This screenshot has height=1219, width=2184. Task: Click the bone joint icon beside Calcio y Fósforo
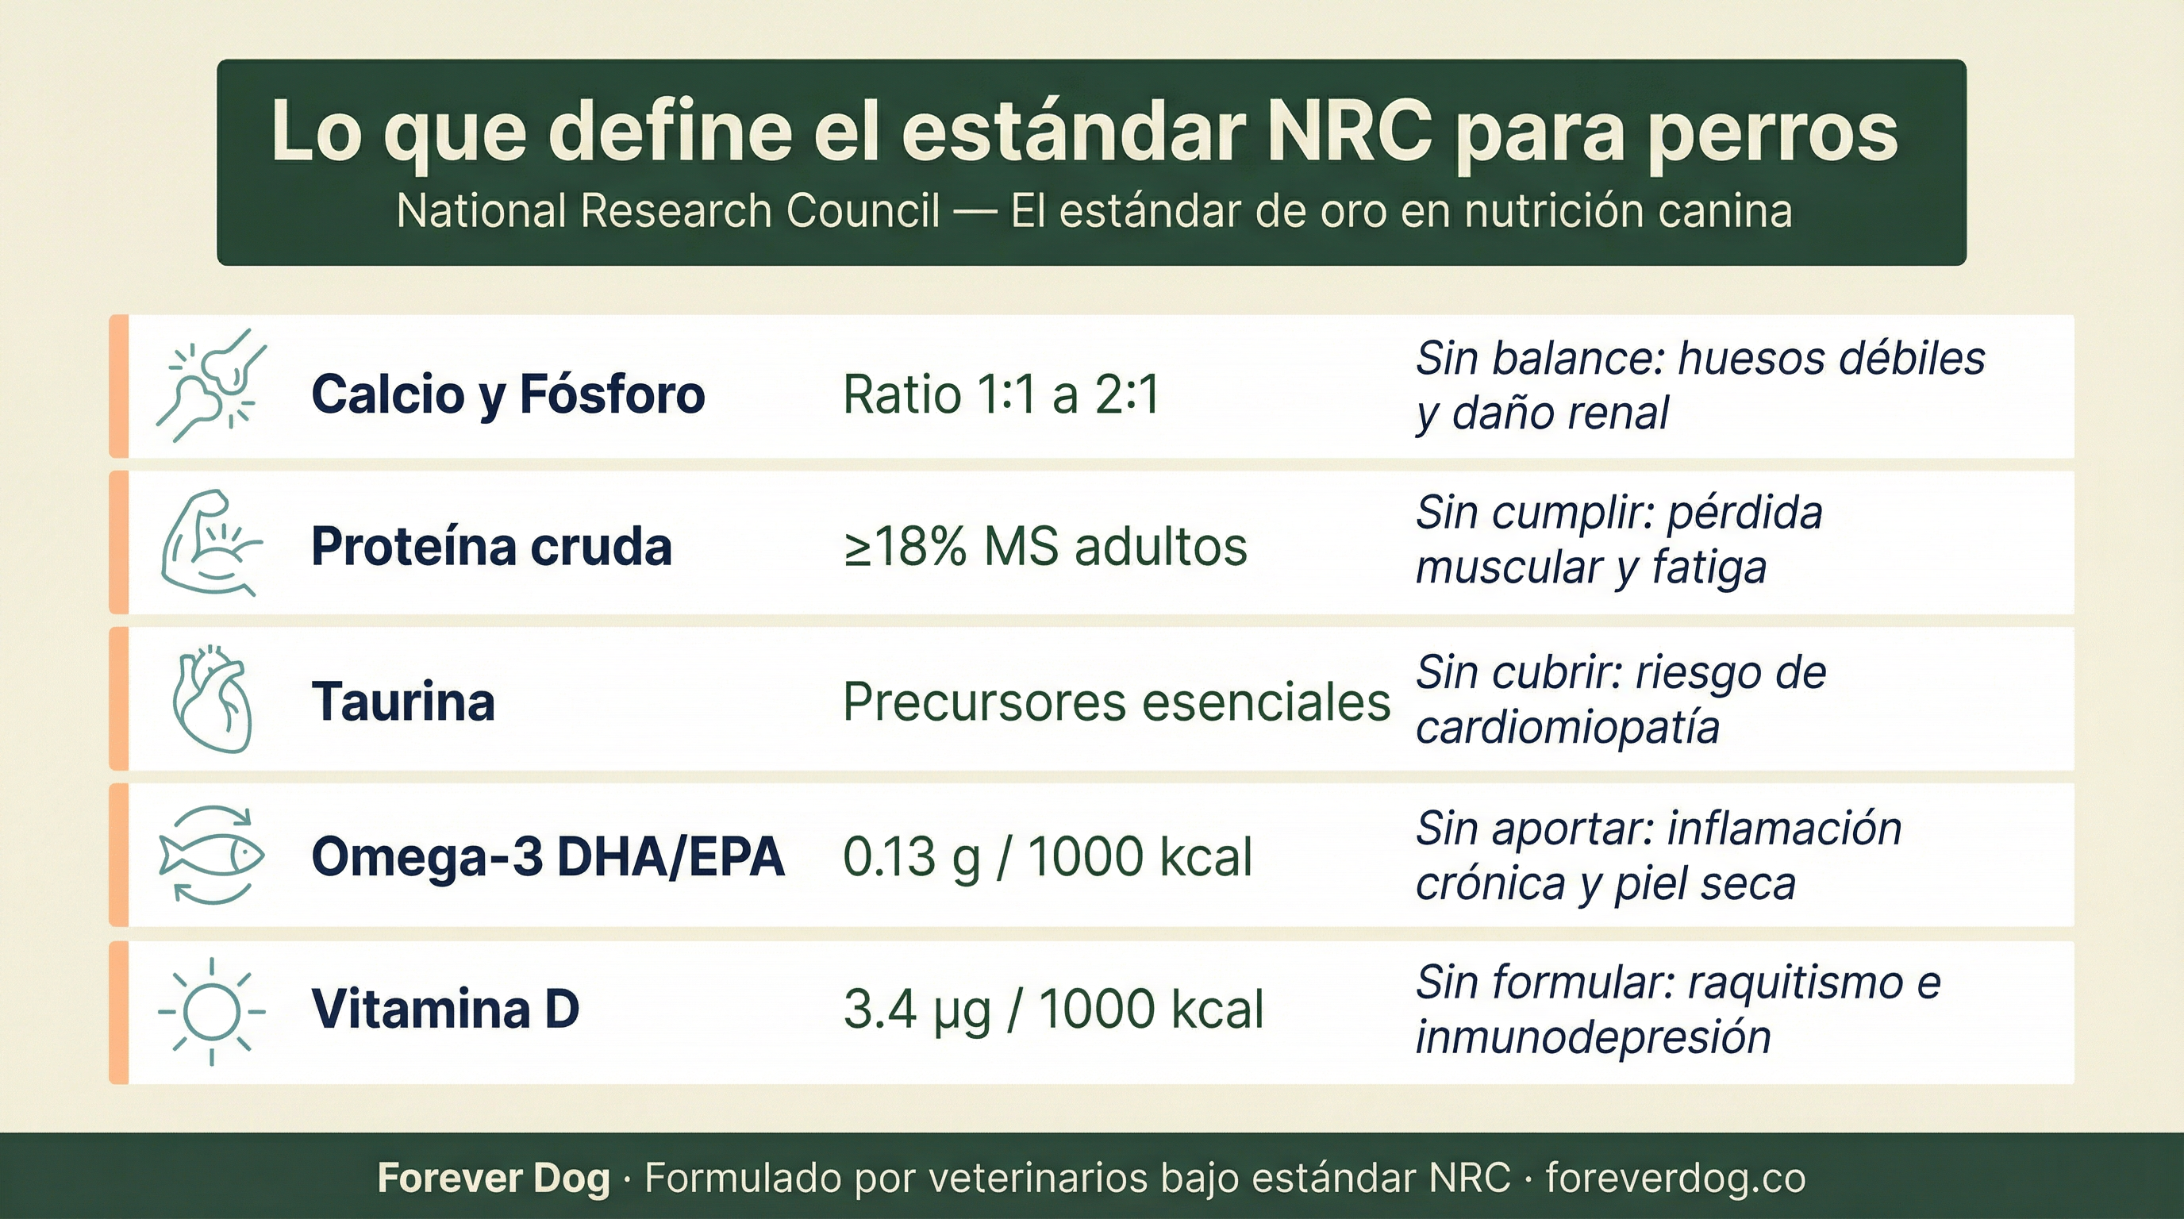coord(212,386)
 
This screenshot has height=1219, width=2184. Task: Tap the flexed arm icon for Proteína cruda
coord(210,543)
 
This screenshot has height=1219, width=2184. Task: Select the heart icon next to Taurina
coord(212,700)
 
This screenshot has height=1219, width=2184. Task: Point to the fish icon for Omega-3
coord(212,855)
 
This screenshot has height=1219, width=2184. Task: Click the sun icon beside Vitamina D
coord(212,1010)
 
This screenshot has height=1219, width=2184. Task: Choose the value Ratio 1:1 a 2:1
coord(1001,395)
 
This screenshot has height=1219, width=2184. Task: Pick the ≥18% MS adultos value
coord(1044,548)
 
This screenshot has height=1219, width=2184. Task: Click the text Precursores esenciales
coord(1116,702)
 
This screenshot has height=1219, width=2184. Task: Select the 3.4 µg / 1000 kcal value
coord(1053,1009)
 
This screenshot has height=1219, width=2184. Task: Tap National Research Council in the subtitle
coord(668,210)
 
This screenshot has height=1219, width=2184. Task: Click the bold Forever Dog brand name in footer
coord(494,1179)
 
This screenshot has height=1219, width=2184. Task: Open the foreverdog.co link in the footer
coord(1675,1179)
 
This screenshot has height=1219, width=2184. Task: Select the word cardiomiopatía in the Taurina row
coord(1567,727)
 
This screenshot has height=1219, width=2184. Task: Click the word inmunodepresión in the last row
coord(1592,1037)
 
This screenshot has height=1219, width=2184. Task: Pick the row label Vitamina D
coord(445,1009)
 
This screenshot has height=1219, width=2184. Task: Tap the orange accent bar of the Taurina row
coord(119,698)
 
